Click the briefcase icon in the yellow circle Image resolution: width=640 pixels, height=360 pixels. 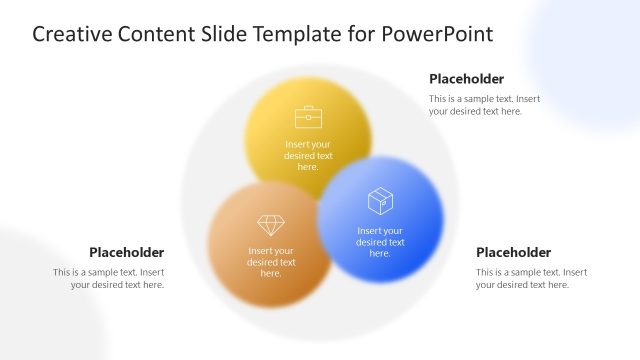click(308, 117)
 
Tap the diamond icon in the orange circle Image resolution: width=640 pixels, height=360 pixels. click(271, 225)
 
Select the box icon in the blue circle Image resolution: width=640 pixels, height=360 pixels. click(380, 201)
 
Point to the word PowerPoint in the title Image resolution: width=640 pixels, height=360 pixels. click(438, 35)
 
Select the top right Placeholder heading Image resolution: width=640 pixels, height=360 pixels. click(466, 79)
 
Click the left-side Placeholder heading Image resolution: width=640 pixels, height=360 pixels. click(126, 252)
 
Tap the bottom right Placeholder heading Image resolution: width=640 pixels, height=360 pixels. click(513, 252)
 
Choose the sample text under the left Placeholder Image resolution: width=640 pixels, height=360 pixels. click(109, 278)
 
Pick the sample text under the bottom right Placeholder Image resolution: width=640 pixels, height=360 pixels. click(531, 278)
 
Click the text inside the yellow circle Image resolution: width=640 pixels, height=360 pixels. click(308, 155)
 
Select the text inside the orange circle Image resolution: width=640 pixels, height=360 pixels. click(271, 262)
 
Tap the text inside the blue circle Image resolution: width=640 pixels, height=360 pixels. click(380, 242)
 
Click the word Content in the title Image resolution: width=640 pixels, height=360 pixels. click(161, 35)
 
